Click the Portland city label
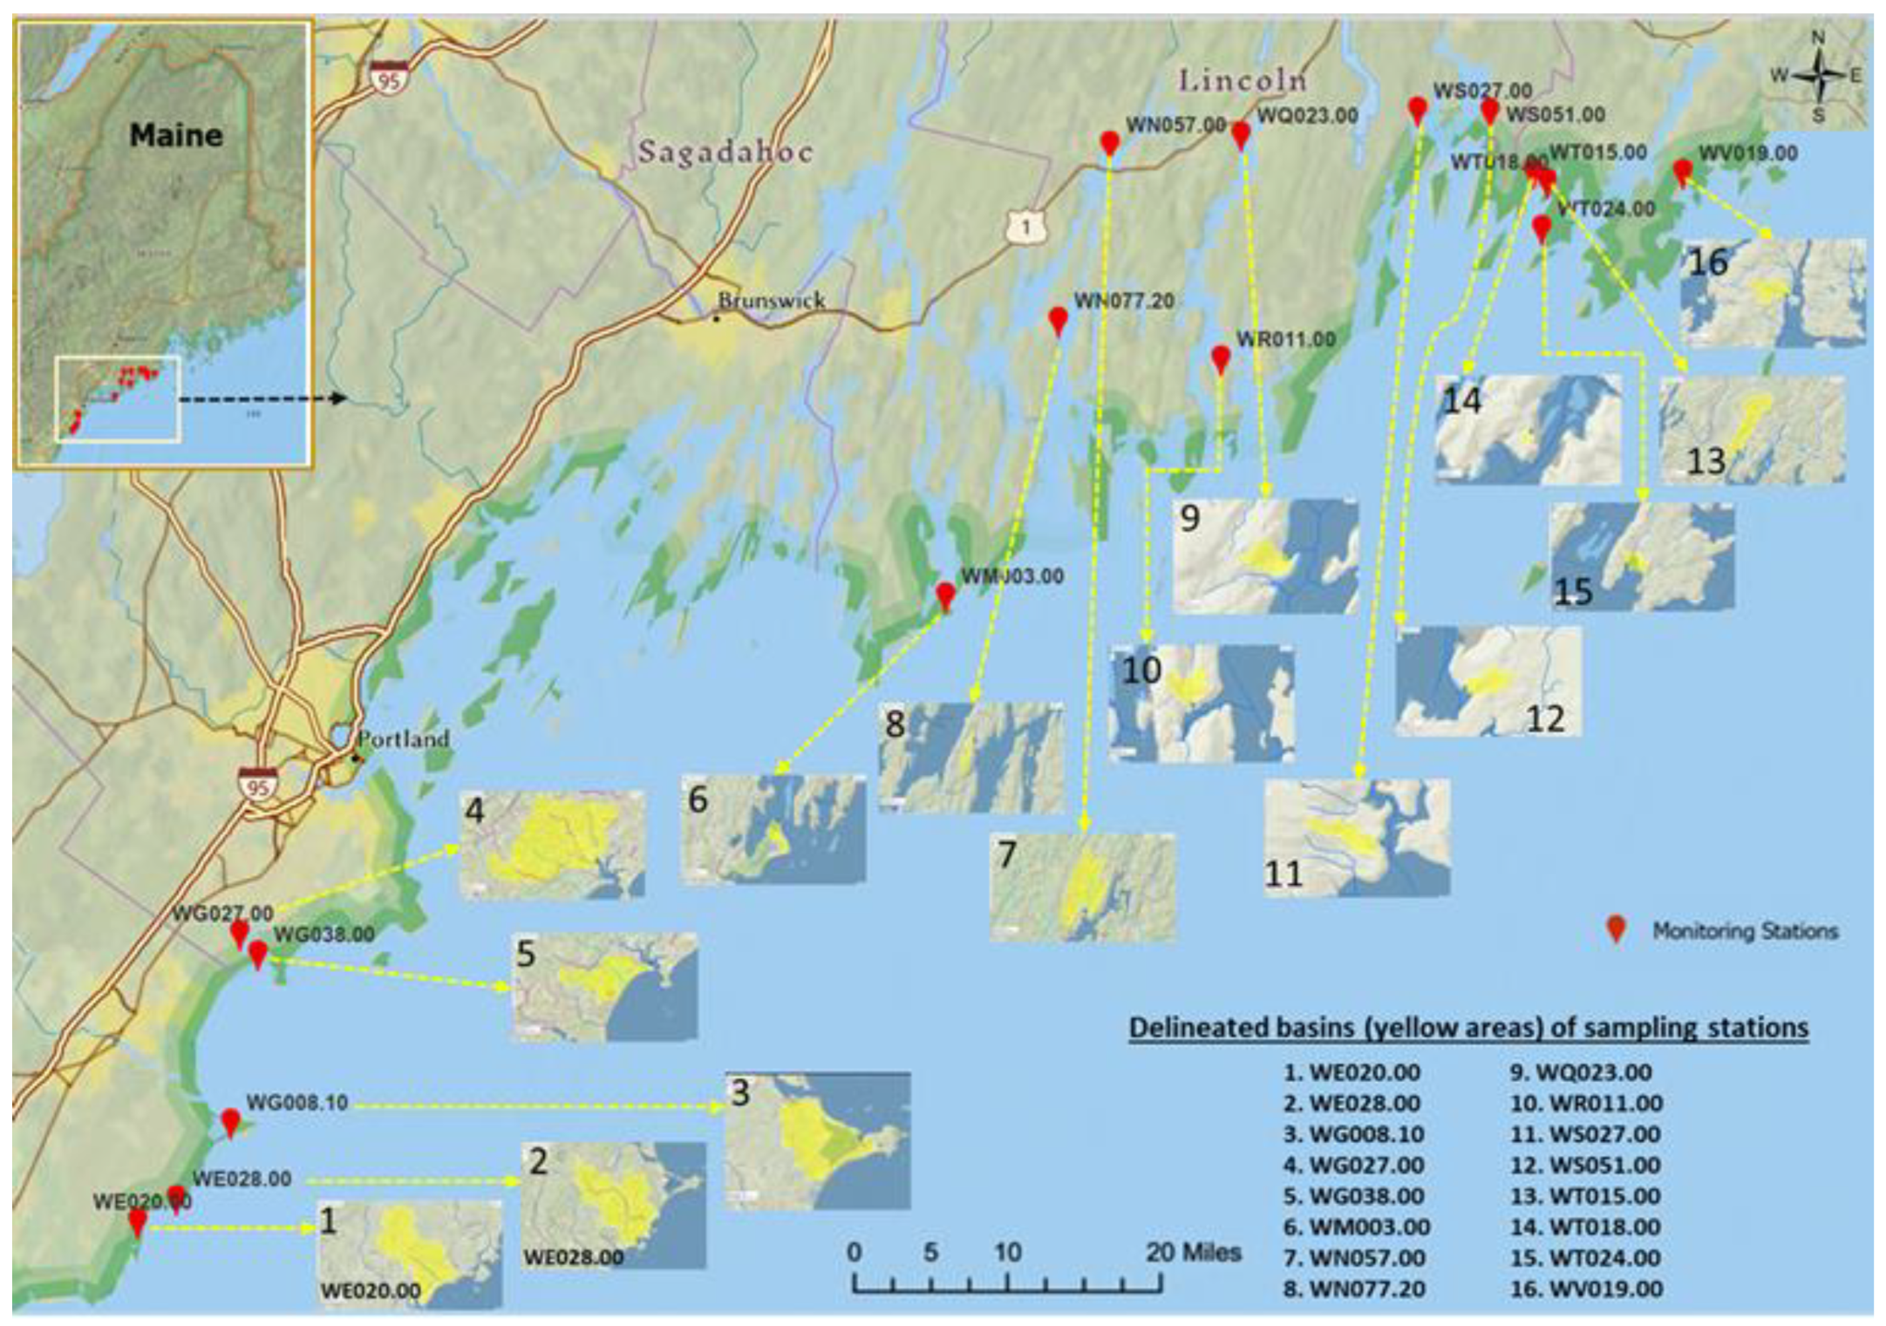click(x=404, y=739)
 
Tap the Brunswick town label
click(x=771, y=301)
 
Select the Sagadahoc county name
click(x=725, y=153)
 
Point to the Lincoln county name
click(x=1243, y=81)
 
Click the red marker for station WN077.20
click(x=1058, y=320)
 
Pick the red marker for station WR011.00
click(x=1221, y=358)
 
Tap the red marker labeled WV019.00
click(x=1682, y=172)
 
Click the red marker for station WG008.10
click(x=230, y=1121)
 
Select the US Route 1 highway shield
click(x=1026, y=228)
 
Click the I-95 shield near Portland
click(x=258, y=784)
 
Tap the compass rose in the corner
click(x=1818, y=76)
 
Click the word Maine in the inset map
click(x=176, y=135)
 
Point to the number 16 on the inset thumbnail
click(x=1708, y=262)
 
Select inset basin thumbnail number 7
click(x=1083, y=887)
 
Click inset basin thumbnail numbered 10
click(x=1202, y=704)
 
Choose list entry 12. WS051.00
click(x=1585, y=1166)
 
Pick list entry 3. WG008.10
click(x=1353, y=1134)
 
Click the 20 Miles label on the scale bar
click(x=1193, y=1253)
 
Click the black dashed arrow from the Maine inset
click(x=262, y=398)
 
